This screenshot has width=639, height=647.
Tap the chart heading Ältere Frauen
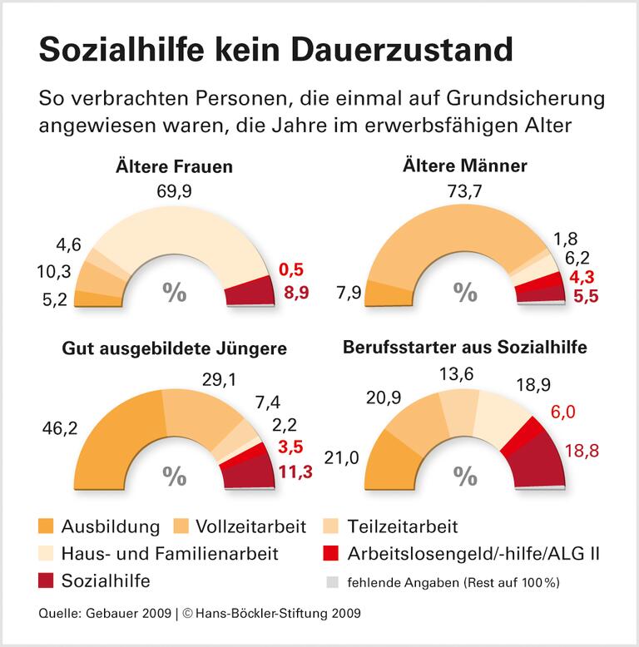click(173, 166)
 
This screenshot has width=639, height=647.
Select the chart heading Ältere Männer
click(465, 166)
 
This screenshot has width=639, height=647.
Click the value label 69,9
click(173, 192)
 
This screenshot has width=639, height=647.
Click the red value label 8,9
click(295, 292)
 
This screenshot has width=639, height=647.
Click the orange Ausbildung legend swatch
click(46, 526)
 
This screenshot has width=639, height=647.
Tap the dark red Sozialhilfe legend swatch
click(46, 580)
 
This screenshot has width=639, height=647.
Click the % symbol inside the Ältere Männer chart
click(465, 292)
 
